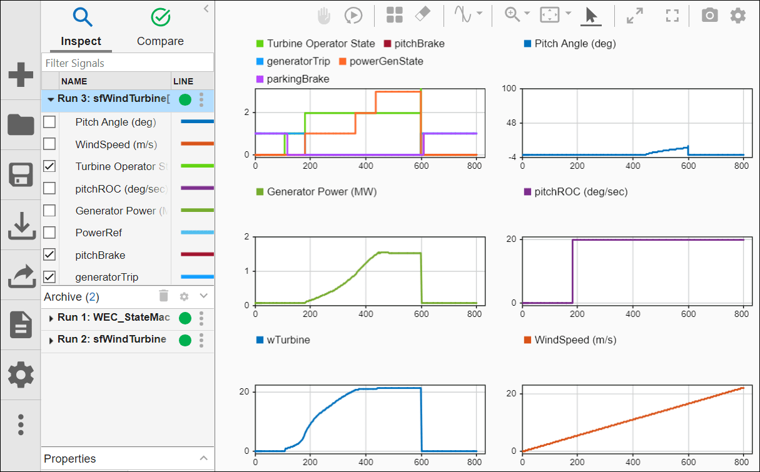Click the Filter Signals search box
[128, 63]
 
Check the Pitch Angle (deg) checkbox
[49, 122]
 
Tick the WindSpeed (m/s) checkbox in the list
[49, 144]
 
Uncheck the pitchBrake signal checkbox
[49, 254]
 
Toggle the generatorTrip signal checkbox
[49, 276]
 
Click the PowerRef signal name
[98, 233]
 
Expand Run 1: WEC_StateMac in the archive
[51, 318]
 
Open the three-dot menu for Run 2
[201, 340]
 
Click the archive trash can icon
[163, 296]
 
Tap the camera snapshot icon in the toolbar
[709, 16]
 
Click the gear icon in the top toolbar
[738, 16]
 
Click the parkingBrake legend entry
[297, 79]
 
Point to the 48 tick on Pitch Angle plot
[509, 123]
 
